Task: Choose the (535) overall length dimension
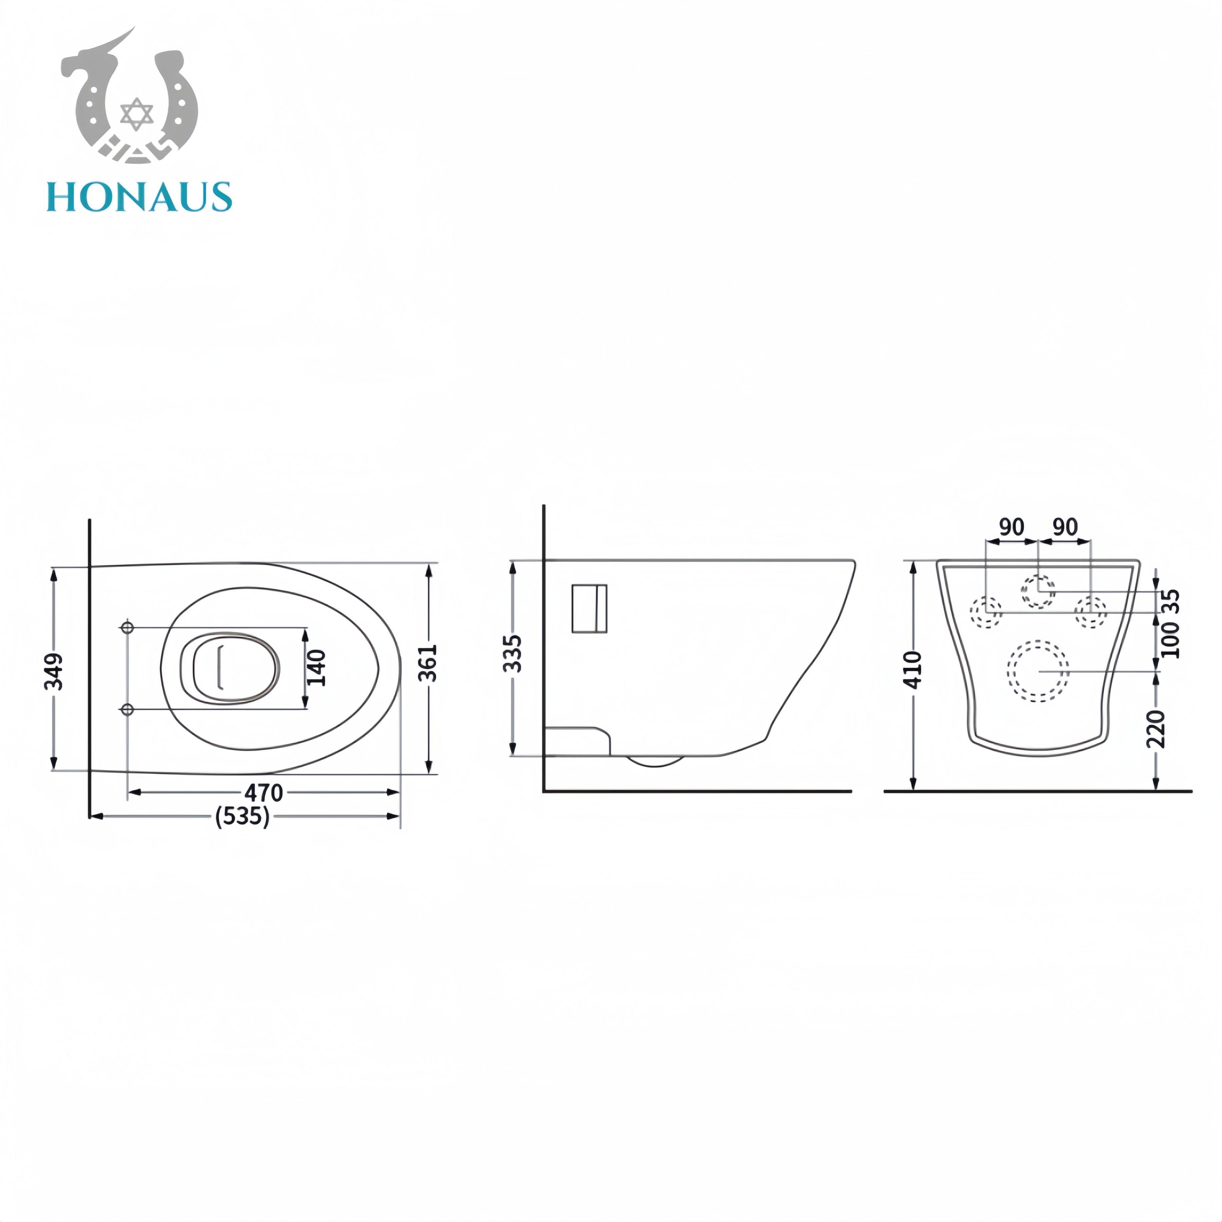(242, 817)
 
